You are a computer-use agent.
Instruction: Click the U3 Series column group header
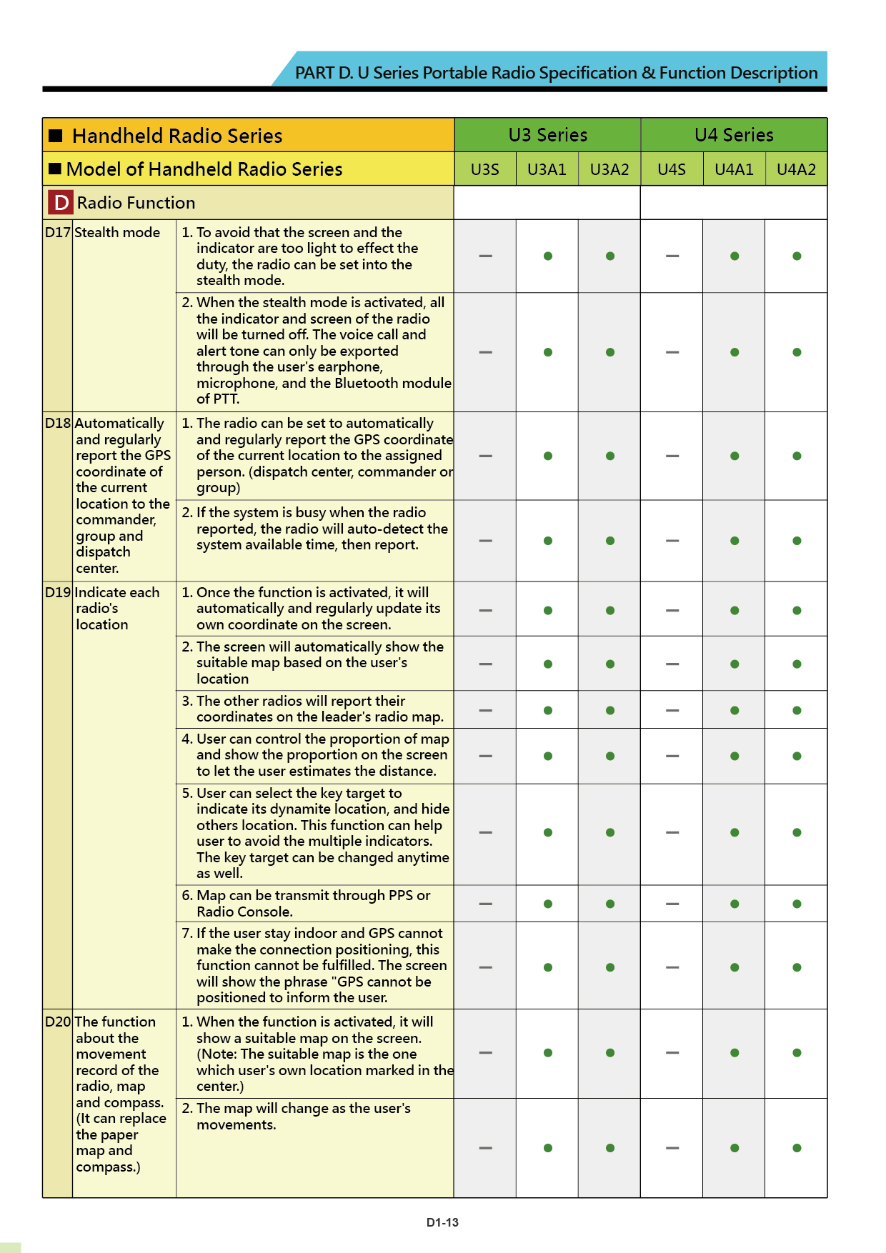click(547, 135)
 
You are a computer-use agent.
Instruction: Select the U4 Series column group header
click(734, 135)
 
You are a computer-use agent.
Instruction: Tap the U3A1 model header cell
click(547, 169)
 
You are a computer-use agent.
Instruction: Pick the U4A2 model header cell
click(796, 169)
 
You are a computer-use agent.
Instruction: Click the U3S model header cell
click(484, 169)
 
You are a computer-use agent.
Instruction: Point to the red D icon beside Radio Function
click(61, 203)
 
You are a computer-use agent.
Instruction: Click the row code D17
click(57, 232)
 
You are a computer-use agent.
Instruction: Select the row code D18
click(57, 423)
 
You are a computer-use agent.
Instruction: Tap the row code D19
click(57, 592)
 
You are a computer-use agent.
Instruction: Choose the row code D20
click(57, 1022)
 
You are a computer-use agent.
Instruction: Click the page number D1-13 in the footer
click(442, 1222)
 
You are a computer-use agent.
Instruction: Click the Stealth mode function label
click(117, 232)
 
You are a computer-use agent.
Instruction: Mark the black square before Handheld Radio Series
click(56, 136)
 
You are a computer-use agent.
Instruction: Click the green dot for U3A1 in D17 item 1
click(547, 256)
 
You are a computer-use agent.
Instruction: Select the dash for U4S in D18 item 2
click(672, 541)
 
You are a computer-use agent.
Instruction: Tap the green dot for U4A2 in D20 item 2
click(797, 1148)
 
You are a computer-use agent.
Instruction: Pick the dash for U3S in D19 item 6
click(485, 904)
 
